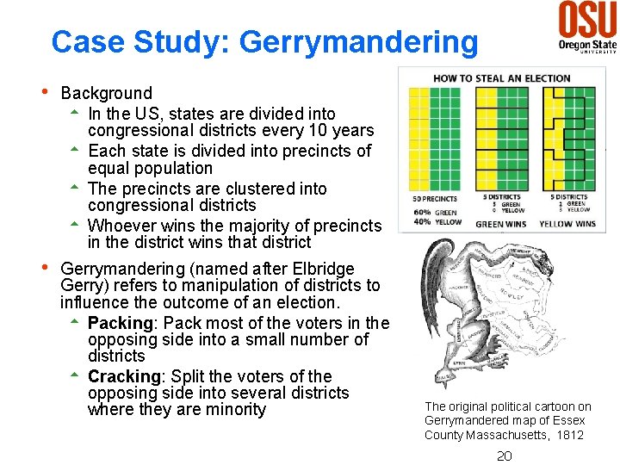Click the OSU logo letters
click(588, 19)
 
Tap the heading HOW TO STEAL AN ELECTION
click(502, 78)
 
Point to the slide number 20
click(505, 456)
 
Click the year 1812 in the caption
click(567, 435)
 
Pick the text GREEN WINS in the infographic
click(501, 224)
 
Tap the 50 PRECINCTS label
click(435, 198)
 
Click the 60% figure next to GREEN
click(422, 212)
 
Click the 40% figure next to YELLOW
click(422, 221)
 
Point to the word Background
click(107, 93)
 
